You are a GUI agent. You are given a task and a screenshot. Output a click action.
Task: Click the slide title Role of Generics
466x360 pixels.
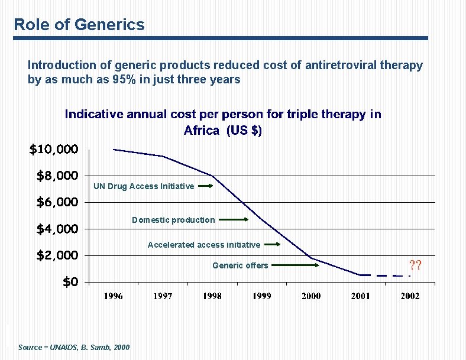(79, 24)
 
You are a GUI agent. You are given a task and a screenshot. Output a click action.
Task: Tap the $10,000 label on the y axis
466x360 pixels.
(54, 149)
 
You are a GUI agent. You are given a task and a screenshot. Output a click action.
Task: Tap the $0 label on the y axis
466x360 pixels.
(70, 282)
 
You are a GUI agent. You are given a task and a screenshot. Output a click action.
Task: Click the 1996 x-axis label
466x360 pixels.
(114, 296)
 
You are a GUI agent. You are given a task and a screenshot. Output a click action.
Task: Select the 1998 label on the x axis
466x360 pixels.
(212, 296)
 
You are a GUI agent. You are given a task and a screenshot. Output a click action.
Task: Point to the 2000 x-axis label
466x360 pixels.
(311, 296)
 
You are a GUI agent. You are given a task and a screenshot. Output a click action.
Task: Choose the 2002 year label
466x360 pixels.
(410, 296)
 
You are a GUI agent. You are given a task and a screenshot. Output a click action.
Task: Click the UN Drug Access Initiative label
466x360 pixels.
(144, 186)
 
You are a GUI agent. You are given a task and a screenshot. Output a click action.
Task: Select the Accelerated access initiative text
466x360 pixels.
(203, 245)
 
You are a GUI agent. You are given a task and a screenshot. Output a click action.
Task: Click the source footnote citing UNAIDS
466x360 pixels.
(74, 347)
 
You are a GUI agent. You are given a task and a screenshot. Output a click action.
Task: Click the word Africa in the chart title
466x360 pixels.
(202, 131)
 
